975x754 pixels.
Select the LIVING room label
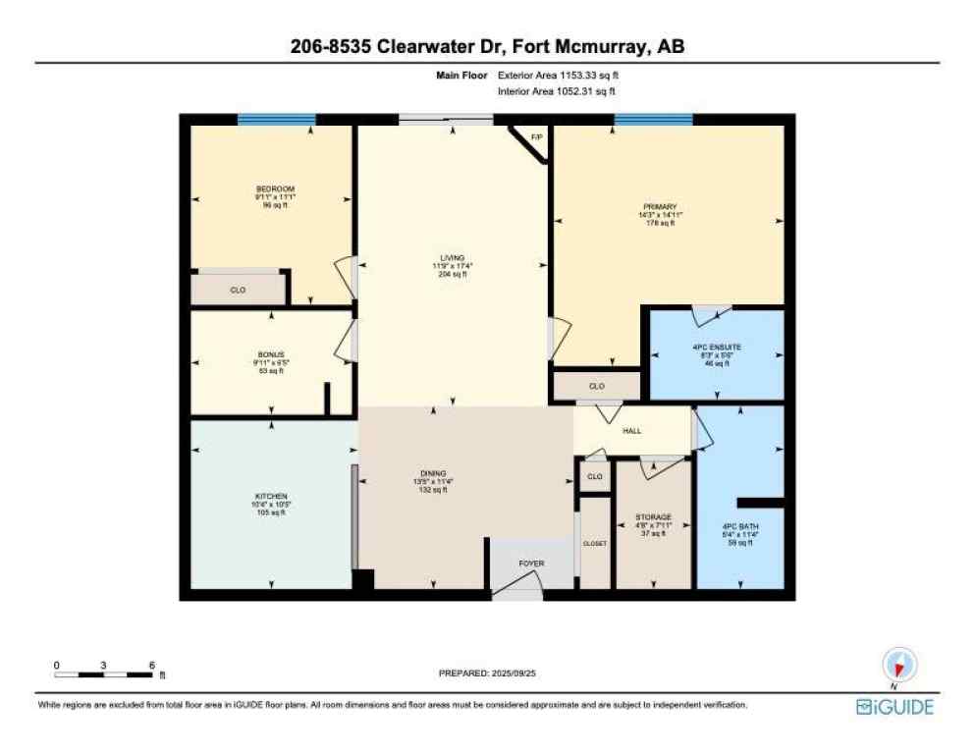(452, 258)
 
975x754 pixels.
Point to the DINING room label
(434, 474)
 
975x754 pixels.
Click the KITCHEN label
(270, 496)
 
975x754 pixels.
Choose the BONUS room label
(269, 355)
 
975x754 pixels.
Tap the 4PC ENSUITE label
(716, 348)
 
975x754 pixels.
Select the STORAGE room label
(652, 516)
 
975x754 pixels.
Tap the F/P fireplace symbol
(536, 137)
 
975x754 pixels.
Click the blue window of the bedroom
(276, 119)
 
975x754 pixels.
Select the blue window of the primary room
(653, 119)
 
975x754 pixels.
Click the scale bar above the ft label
(103, 674)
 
